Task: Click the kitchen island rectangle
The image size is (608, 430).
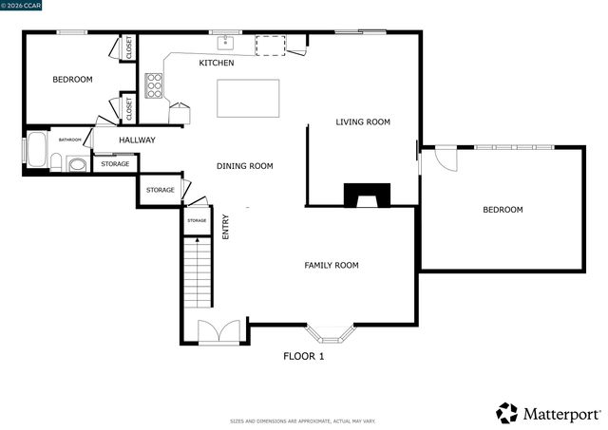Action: pos(248,98)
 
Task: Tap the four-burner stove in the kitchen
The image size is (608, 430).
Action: pos(154,86)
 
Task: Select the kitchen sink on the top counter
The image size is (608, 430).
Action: pos(226,42)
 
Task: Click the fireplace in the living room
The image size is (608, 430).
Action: pos(366,196)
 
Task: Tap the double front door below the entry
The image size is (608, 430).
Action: pos(218,332)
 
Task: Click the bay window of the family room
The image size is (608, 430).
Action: pos(331,333)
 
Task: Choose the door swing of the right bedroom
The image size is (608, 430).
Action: pos(446,159)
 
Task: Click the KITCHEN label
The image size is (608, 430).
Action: pos(216,64)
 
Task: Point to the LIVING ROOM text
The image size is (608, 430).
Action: pos(363,122)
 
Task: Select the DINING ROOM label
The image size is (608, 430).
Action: pos(244,166)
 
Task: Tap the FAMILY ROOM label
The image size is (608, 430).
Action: pos(331,266)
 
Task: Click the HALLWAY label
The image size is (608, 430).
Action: pos(137,140)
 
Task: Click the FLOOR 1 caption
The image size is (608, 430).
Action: pos(304,357)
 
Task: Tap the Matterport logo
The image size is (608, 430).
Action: pos(548,413)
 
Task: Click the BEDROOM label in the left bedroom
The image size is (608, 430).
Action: pos(72,80)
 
